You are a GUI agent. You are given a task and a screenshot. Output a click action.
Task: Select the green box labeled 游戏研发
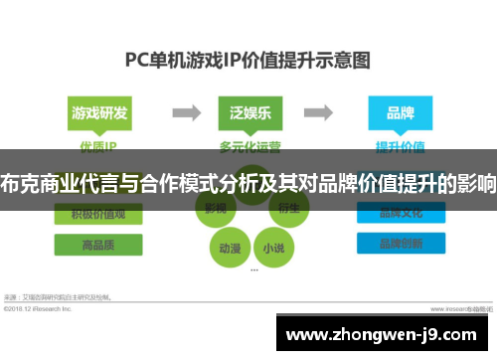tap(97, 112)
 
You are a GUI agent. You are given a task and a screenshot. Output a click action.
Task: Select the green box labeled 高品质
tap(97, 244)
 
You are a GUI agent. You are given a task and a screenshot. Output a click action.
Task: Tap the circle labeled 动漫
tap(229, 247)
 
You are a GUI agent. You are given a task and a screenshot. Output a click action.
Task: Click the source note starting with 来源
tap(60, 296)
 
